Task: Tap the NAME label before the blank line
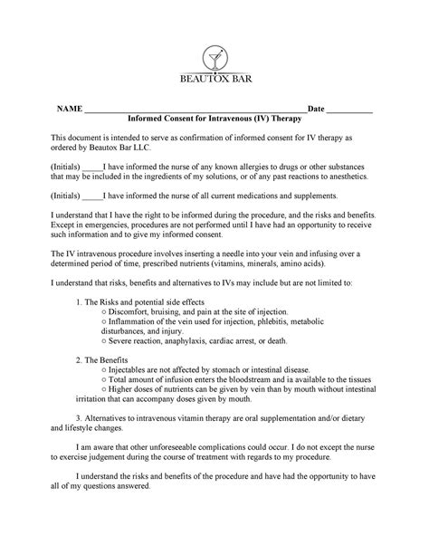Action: pyautogui.click(x=70, y=109)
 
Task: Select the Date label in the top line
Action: pyautogui.click(x=317, y=109)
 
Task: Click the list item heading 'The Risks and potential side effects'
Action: pyautogui.click(x=145, y=301)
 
